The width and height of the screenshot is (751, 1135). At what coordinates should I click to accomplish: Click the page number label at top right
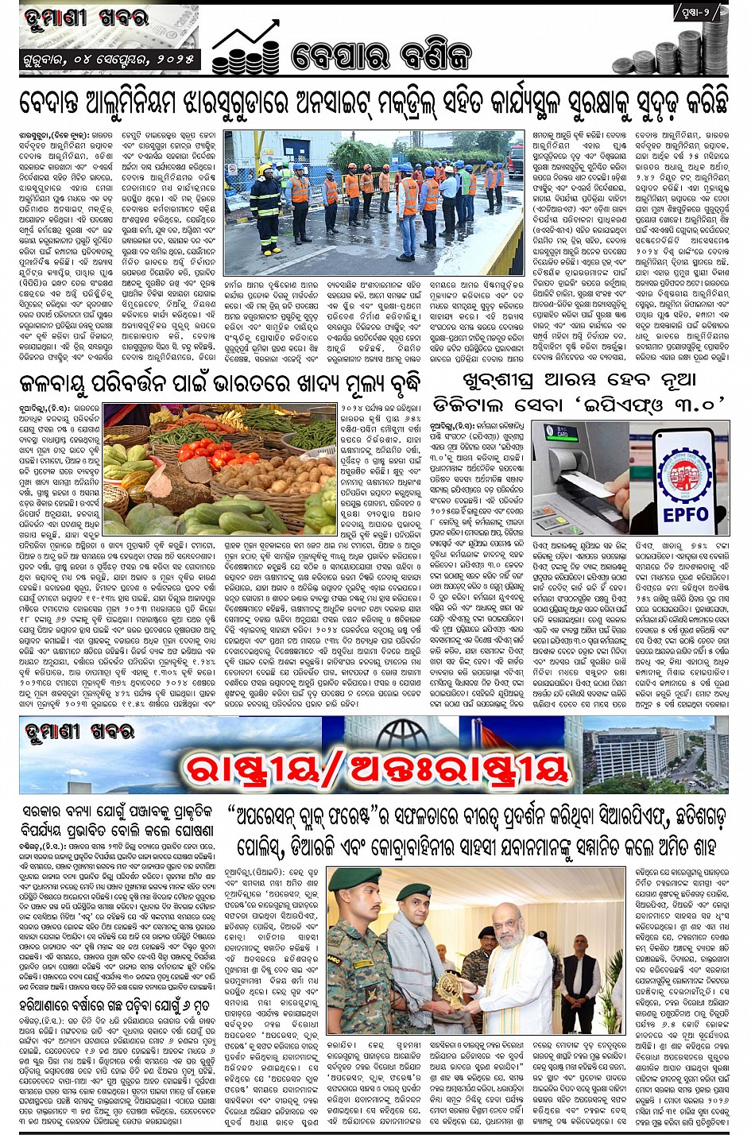tap(700, 13)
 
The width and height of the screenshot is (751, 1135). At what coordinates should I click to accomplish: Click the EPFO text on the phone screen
tap(685, 514)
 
